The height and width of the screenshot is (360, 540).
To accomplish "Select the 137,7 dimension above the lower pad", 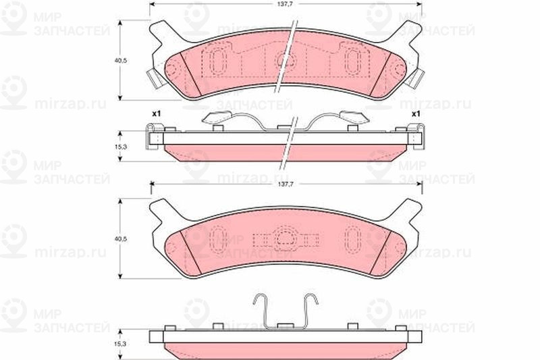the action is click(285, 184).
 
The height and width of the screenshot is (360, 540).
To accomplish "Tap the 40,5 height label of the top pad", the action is click(121, 60).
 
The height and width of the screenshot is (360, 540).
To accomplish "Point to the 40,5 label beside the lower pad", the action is click(121, 238).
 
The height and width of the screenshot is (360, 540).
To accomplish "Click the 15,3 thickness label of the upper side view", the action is click(121, 147).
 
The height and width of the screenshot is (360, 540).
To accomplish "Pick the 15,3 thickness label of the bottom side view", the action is click(121, 344).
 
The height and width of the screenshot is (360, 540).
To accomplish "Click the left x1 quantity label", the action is click(157, 113).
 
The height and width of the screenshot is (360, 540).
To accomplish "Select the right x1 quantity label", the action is click(416, 113).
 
